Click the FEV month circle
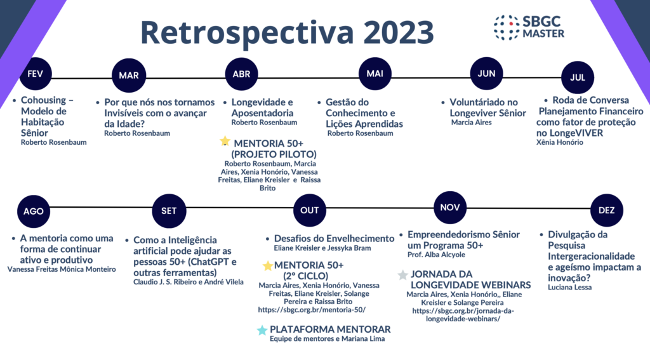36,74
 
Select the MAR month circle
129,75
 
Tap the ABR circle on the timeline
241,74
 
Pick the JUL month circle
578,77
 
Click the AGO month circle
34,211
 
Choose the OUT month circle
309,210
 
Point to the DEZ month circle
606,210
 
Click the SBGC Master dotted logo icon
506,27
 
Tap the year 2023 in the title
399,32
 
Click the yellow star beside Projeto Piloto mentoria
225,142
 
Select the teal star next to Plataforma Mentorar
262,330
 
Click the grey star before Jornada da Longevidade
402,275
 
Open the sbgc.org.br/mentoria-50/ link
312,310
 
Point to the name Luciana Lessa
569,288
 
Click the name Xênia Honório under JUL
560,142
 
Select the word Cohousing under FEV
44,100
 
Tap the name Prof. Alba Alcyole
436,255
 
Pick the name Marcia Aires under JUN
472,123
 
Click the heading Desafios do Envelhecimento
334,239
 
